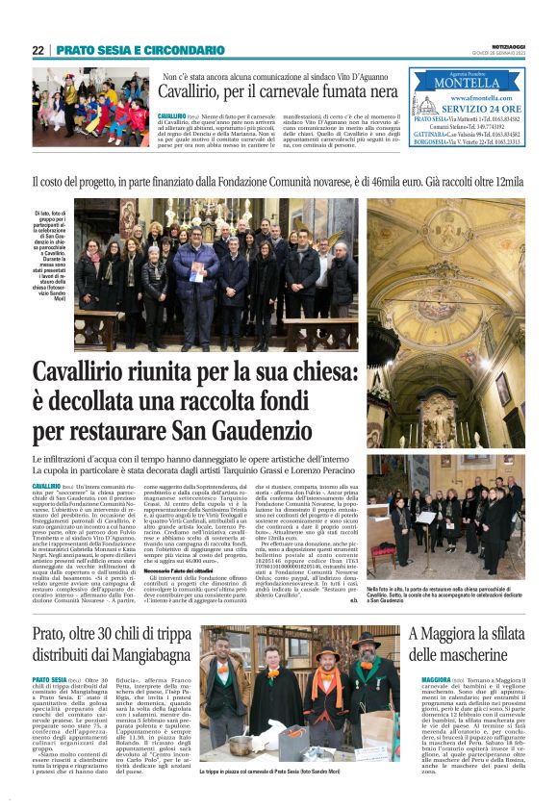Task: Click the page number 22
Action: point(38,50)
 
